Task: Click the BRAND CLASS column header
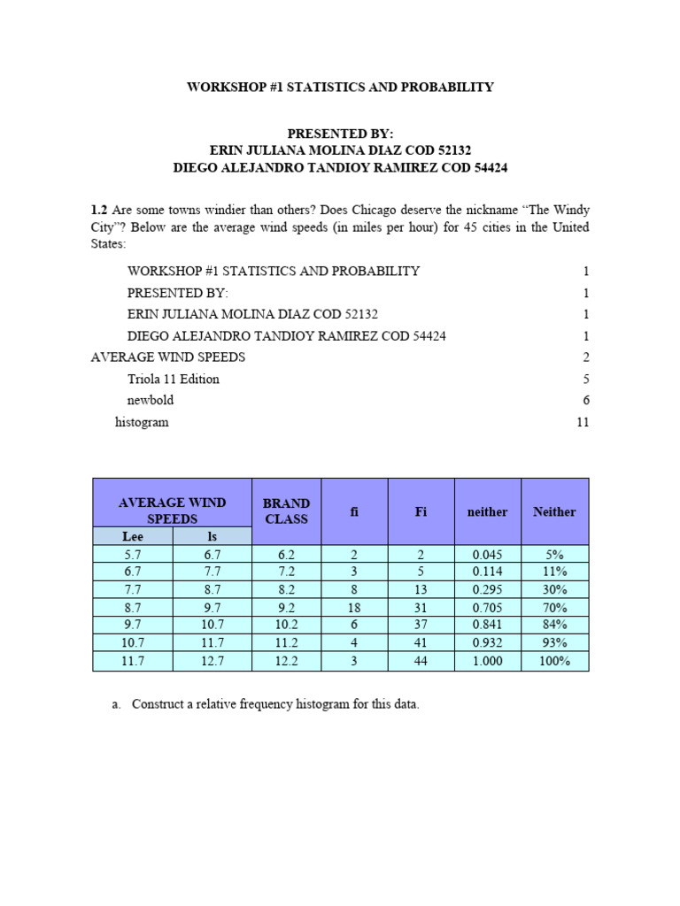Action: coord(286,511)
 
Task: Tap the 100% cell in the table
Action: coord(554,662)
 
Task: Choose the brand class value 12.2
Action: coord(286,662)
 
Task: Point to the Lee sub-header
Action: coord(132,536)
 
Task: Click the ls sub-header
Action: coord(212,536)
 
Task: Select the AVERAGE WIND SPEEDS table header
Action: coord(172,511)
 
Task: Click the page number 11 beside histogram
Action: coord(582,422)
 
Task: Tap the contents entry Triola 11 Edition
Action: coord(173,379)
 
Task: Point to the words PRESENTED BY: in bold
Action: coord(339,133)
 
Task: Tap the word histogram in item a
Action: coord(319,705)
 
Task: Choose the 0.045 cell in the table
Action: coord(487,555)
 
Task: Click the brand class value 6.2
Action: coord(286,555)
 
